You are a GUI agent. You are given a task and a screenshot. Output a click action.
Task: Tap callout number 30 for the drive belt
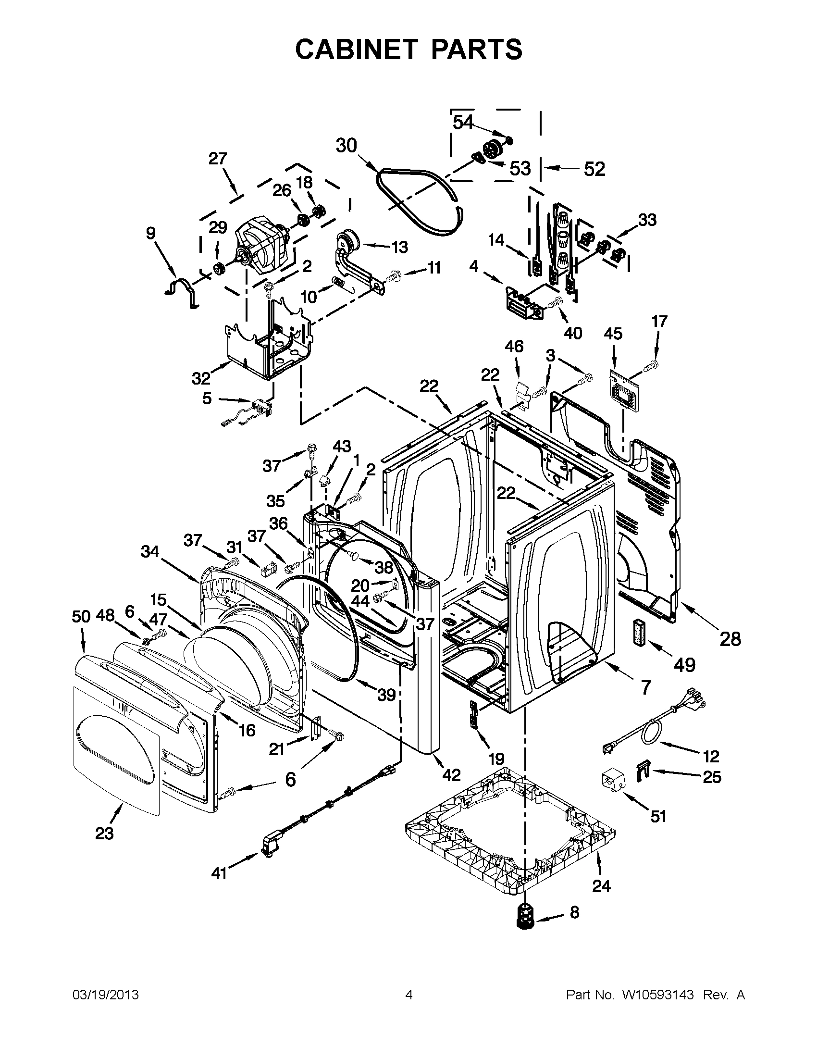tap(347, 145)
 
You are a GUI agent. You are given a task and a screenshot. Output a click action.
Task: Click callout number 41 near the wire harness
tap(219, 873)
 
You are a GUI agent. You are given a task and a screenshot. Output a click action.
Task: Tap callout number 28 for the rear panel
tap(730, 639)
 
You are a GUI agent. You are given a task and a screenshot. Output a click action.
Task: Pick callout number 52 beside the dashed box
tap(594, 169)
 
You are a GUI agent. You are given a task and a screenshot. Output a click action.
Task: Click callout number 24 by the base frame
tap(601, 886)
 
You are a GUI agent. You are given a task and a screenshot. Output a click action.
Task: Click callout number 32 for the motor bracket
tap(201, 377)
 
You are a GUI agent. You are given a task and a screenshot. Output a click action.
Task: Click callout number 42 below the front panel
tap(451, 775)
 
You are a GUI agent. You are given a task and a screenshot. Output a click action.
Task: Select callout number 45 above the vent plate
tap(613, 334)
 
